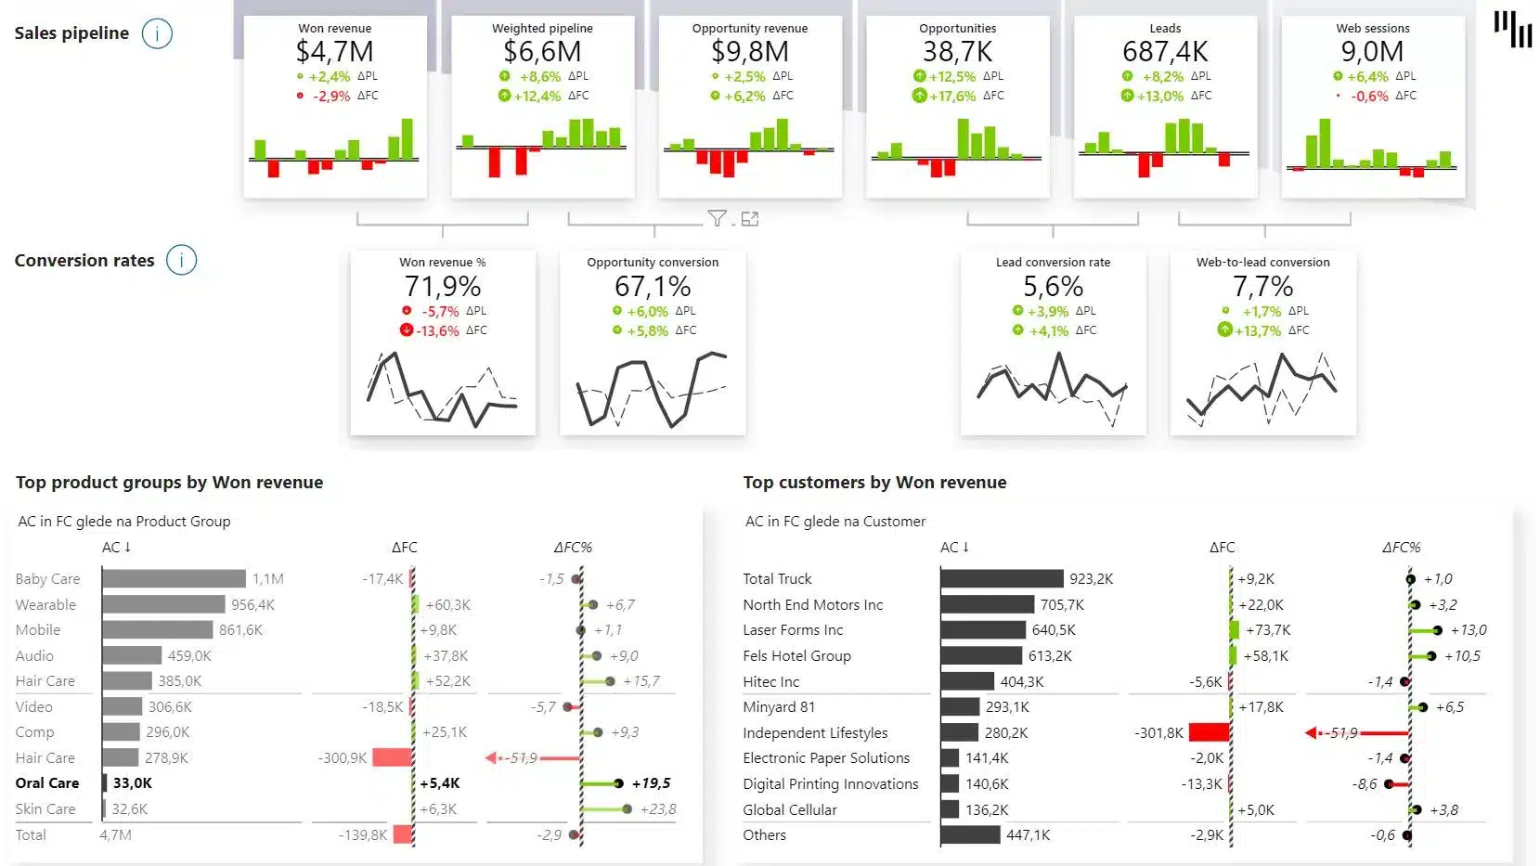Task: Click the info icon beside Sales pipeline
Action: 157,34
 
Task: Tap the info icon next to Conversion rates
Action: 181,261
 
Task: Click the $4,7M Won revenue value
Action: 334,52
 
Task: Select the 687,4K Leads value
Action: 1165,52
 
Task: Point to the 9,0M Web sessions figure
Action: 1372,52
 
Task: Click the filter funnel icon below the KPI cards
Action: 717,218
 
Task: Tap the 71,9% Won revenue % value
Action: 442,286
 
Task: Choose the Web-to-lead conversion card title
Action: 1262,263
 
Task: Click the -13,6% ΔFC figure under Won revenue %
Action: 437,330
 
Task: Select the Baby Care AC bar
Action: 174,579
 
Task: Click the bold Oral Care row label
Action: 47,783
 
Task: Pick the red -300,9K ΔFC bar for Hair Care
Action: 392,757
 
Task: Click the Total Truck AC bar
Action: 1002,579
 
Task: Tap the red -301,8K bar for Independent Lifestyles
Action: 1209,732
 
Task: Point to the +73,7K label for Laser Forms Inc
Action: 1267,630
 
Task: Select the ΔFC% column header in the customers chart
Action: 1401,548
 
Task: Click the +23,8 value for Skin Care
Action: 658,809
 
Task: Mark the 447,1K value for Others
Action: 1028,835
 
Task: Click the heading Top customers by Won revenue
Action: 874,483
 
